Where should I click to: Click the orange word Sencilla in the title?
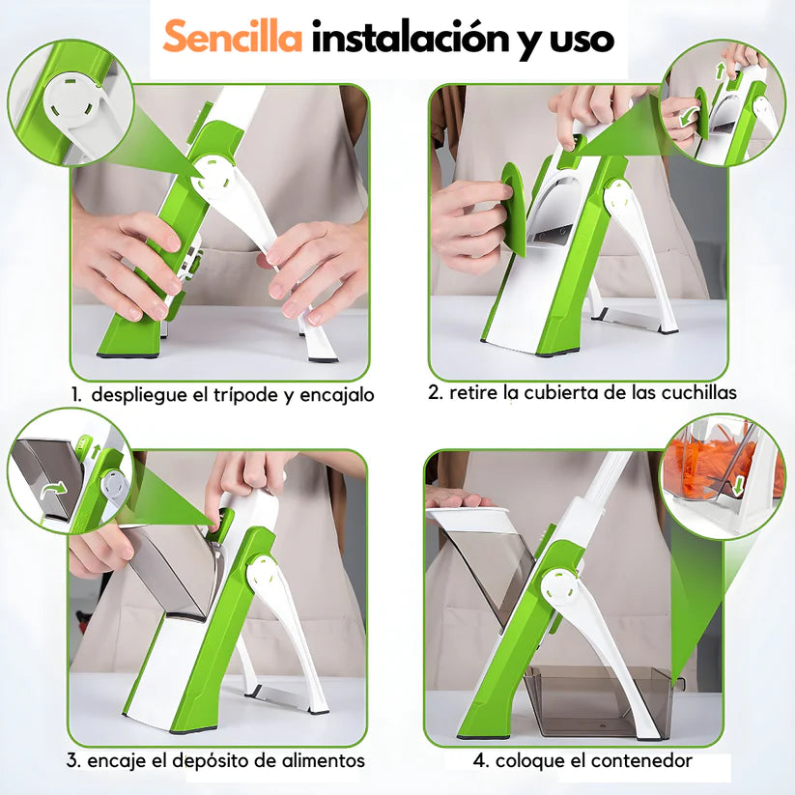click(233, 37)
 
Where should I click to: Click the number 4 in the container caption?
click(480, 761)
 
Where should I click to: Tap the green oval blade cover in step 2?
click(515, 208)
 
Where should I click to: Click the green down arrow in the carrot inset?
click(738, 487)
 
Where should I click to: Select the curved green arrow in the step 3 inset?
click(54, 489)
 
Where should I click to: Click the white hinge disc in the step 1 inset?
click(71, 99)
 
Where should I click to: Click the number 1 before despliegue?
click(76, 395)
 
